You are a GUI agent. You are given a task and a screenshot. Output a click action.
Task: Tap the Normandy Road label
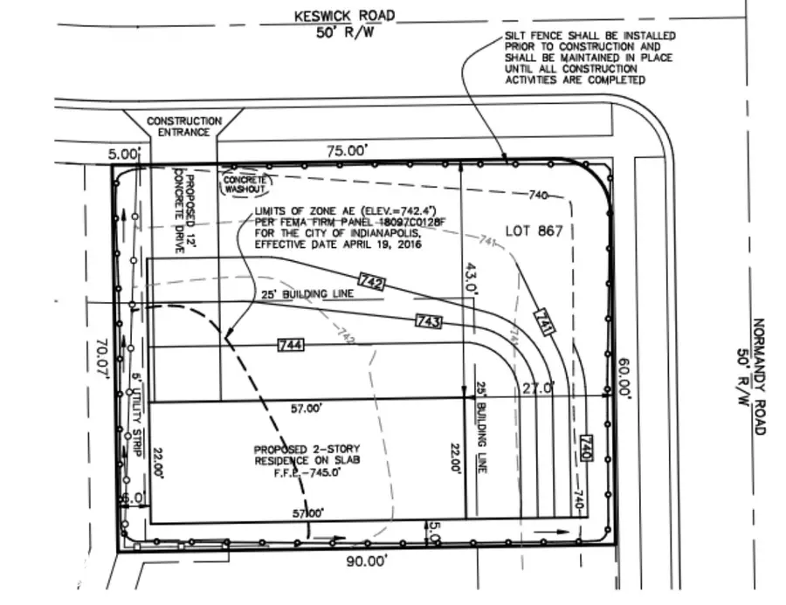pyautogui.click(x=757, y=375)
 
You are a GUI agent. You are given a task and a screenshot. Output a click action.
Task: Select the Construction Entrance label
pyautogui.click(x=183, y=127)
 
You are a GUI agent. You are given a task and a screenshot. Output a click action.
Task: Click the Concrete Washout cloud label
pyautogui.click(x=245, y=181)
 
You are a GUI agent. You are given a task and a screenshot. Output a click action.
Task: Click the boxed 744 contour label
pyautogui.click(x=291, y=347)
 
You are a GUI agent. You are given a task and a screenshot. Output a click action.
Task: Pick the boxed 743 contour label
pyautogui.click(x=429, y=322)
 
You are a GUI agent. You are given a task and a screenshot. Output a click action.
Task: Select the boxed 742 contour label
pyautogui.click(x=371, y=282)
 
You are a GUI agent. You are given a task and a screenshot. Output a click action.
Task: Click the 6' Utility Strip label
pyautogui.click(x=137, y=408)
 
